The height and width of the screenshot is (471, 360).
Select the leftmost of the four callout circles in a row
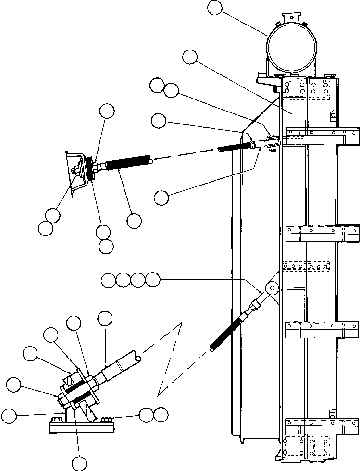pos(109,280)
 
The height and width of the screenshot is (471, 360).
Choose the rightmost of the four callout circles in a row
pos(152,280)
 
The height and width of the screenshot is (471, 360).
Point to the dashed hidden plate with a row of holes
pos(306,266)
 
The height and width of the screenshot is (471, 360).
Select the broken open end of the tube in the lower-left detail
pos(138,357)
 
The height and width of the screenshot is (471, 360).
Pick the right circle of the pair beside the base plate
pos(161,414)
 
